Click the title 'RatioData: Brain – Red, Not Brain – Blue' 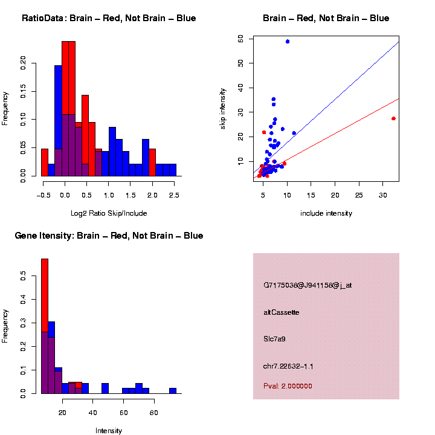(109, 19)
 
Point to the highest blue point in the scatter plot (288, 42)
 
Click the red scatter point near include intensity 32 (393, 118)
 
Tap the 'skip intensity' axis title (224, 108)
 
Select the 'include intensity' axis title (326, 213)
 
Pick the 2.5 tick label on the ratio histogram (173, 195)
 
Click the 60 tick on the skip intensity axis (241, 38)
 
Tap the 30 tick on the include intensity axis (383, 195)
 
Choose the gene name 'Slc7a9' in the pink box (274, 340)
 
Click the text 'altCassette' (281, 312)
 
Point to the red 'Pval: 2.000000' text (288, 386)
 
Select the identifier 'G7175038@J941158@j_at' (307, 285)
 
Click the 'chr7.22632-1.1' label (288, 366)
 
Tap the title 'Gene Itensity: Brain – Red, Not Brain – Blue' (109, 236)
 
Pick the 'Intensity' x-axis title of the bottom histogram (109, 431)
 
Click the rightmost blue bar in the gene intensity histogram (172, 390)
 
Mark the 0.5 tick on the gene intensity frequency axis (24, 276)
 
